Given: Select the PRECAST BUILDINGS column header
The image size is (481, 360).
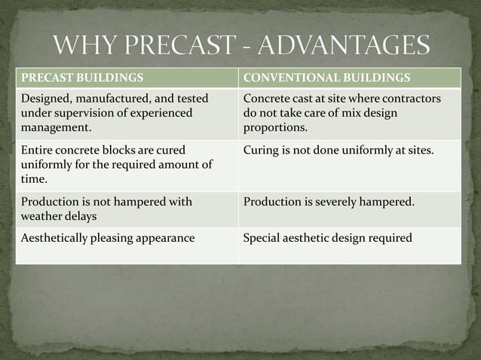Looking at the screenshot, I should [x=83, y=78].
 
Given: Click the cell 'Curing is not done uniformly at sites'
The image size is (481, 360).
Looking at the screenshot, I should [x=339, y=149].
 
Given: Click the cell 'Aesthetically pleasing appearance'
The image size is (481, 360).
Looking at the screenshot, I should [x=108, y=238].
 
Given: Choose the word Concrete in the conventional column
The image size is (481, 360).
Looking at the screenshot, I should [x=268, y=99].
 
